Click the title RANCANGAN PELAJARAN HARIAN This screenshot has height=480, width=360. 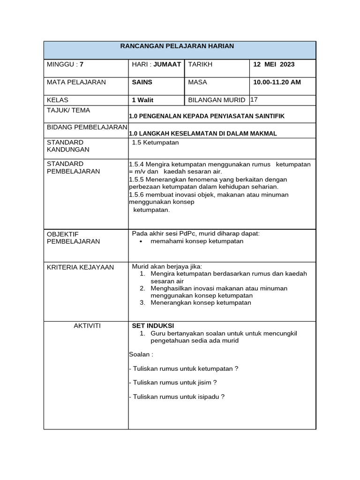[x=177, y=46]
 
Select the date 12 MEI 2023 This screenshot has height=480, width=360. [x=274, y=64]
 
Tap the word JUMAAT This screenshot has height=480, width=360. [x=167, y=64]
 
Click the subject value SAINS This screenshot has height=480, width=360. [x=142, y=82]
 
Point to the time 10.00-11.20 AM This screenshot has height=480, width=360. [x=277, y=82]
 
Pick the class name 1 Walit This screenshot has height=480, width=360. [x=142, y=100]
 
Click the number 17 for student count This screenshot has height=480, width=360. [x=255, y=99]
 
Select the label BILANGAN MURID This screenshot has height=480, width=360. [x=217, y=100]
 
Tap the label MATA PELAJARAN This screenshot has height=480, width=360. [x=76, y=82]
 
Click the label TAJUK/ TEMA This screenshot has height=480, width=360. [x=68, y=110]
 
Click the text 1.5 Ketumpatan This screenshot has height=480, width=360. [x=155, y=142]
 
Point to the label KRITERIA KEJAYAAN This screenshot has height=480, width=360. [x=80, y=267]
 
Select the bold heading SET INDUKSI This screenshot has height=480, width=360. [x=153, y=326]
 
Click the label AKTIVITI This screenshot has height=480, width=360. [x=87, y=326]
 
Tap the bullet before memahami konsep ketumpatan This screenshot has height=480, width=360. [x=141, y=241]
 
